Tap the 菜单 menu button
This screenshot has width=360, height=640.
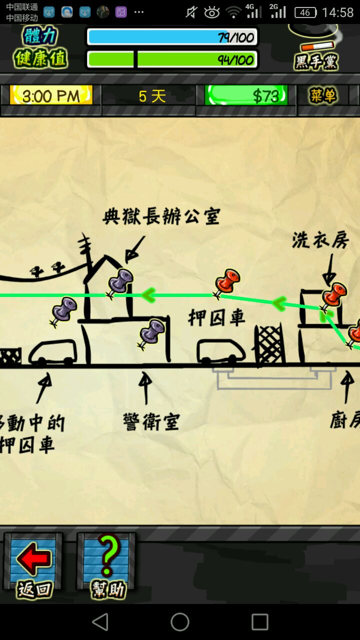(x=323, y=95)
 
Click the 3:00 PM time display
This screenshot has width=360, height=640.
(x=51, y=95)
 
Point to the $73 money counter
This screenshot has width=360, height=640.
(x=246, y=95)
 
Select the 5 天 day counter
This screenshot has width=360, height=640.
(x=152, y=96)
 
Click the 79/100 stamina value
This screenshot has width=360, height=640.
(x=236, y=37)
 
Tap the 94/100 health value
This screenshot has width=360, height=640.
(x=236, y=60)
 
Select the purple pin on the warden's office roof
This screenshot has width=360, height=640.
(x=119, y=283)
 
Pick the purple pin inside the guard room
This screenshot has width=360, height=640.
(x=151, y=333)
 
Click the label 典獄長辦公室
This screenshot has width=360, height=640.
(x=161, y=216)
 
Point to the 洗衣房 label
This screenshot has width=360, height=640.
(x=320, y=239)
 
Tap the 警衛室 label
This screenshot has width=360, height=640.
(x=151, y=421)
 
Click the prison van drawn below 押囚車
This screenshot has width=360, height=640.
(x=221, y=351)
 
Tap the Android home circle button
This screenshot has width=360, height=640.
(x=180, y=622)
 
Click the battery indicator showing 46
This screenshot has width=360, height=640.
(x=305, y=12)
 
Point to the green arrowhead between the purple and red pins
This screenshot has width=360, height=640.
(x=148, y=295)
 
